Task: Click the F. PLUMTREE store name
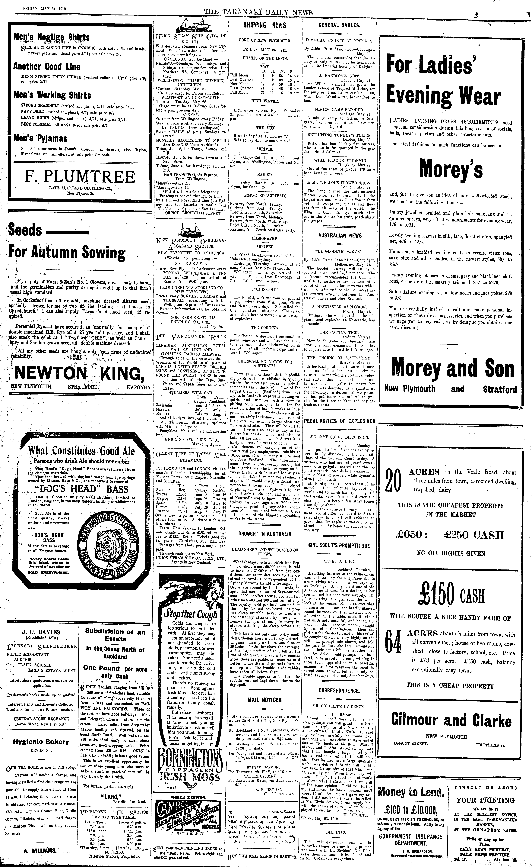(80, 177)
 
